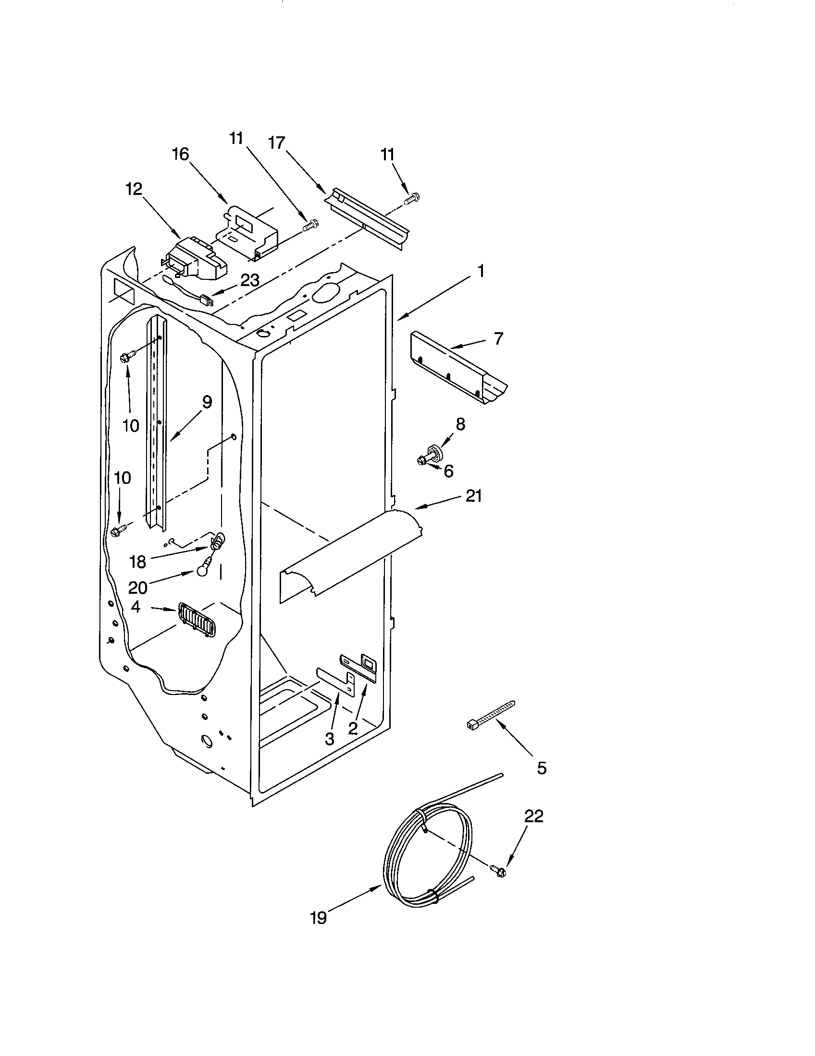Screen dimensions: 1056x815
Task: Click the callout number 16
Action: (x=180, y=155)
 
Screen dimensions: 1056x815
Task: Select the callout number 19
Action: (x=318, y=931)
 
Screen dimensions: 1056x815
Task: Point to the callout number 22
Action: (x=533, y=816)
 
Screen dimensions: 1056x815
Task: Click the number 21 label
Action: (x=473, y=496)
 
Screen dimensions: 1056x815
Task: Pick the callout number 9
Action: (x=207, y=402)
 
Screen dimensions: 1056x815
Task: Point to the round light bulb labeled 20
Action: (x=202, y=572)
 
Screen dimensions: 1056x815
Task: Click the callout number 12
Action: (x=134, y=189)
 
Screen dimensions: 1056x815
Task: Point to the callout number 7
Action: (x=498, y=338)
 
